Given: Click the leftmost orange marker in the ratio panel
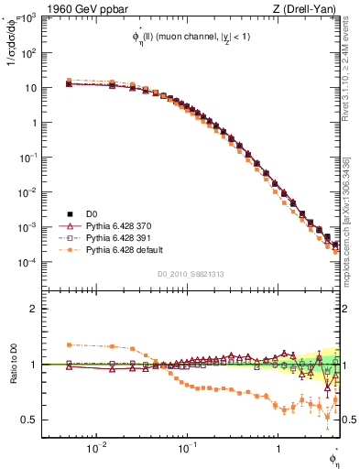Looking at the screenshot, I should (x=69, y=344).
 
